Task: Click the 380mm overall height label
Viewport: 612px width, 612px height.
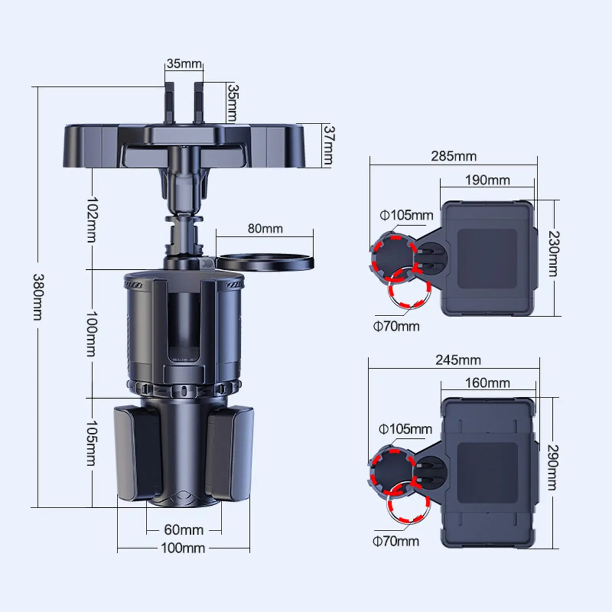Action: (x=38, y=296)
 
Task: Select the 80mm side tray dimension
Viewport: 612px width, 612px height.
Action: (x=265, y=228)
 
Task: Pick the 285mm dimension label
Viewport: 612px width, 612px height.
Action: (x=454, y=156)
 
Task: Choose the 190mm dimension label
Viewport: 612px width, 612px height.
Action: (x=487, y=180)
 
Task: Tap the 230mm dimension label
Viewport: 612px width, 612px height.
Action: (x=553, y=254)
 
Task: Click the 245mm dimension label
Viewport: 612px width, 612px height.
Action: (x=458, y=360)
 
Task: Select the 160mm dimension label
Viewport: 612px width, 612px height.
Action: (x=487, y=382)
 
